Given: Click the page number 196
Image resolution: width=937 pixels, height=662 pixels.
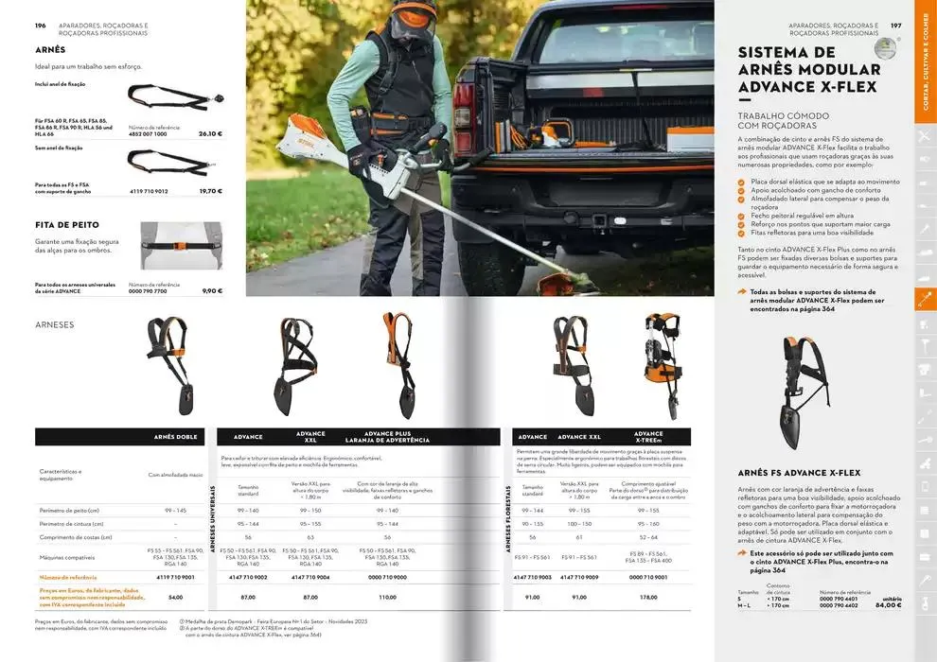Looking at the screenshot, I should point(41,26).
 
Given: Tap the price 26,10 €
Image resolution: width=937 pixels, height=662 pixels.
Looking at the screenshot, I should point(210,134).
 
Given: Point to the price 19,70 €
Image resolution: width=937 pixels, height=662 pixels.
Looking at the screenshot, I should point(210,191).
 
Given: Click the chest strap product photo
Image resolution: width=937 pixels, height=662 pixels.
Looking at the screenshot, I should point(182,246).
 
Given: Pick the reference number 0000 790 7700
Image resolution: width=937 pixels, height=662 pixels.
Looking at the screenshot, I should point(153,291).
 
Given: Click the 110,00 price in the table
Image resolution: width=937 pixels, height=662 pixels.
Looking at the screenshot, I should point(387,598).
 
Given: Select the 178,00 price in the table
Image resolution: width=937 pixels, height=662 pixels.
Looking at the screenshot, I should point(648,598).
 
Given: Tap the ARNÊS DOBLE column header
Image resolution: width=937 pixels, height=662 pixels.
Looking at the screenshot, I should point(176,437).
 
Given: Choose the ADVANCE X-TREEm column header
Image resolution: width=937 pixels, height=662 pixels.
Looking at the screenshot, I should point(648,437).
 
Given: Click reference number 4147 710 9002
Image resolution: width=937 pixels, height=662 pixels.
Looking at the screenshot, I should point(248,577).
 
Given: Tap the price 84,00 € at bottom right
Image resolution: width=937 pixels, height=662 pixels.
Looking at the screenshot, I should point(888,605).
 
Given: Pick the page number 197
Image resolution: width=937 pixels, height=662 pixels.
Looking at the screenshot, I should point(895,26).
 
